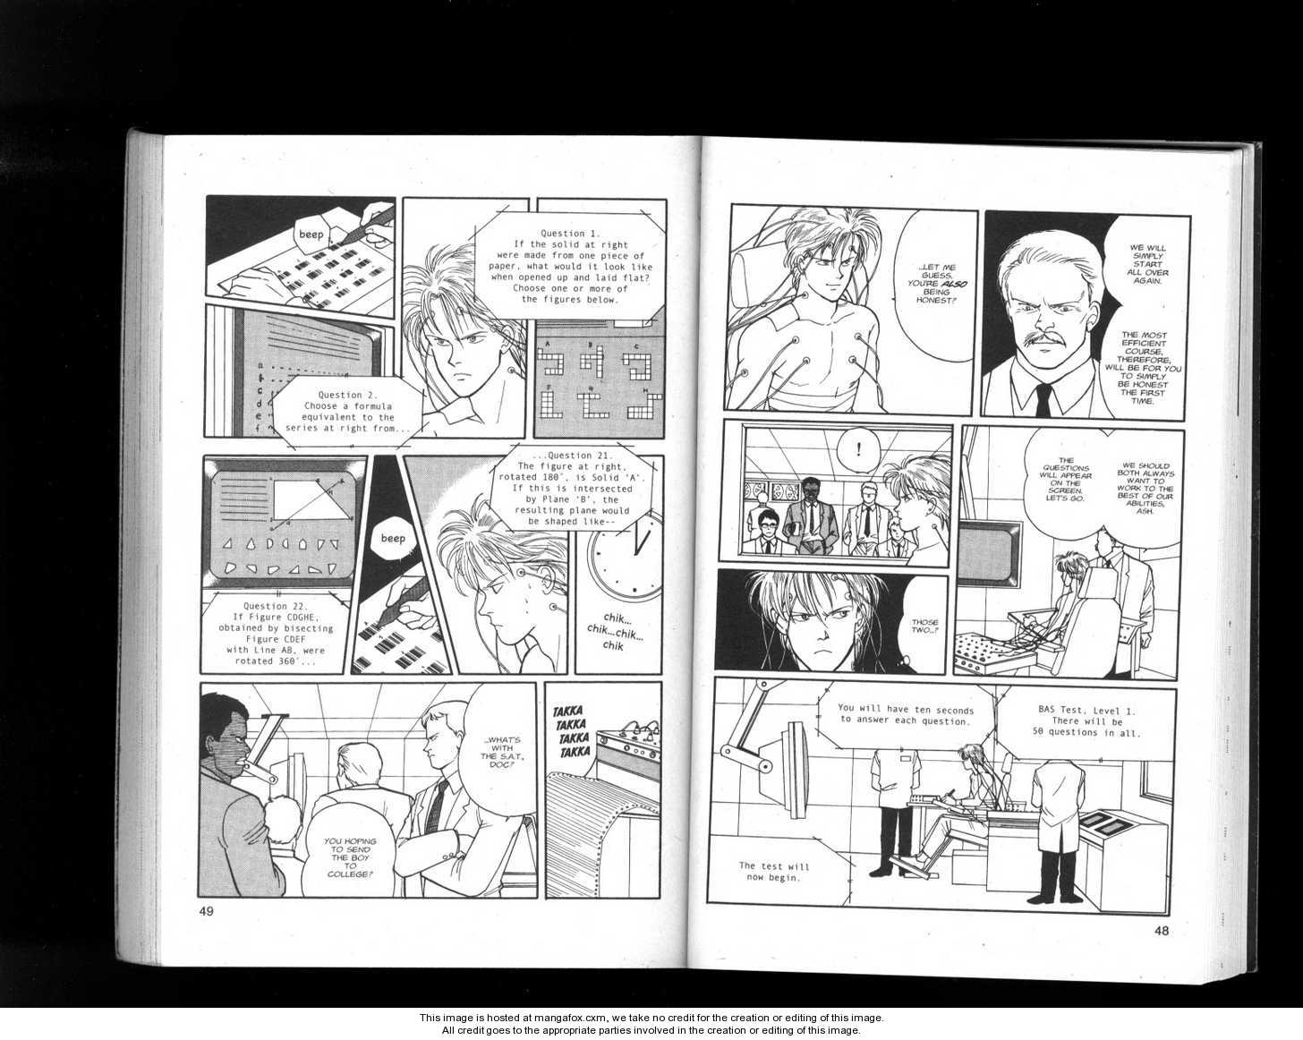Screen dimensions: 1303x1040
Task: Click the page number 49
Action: [207, 911]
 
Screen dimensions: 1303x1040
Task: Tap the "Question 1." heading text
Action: [563, 234]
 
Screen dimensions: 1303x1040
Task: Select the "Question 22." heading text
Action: [276, 606]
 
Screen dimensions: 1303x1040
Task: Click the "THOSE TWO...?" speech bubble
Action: [924, 626]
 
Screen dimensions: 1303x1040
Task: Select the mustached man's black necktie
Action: [1042, 400]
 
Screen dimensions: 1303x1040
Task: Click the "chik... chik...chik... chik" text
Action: [614, 632]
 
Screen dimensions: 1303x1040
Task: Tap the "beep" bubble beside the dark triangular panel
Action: [392, 538]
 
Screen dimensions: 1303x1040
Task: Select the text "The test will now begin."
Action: [773, 872]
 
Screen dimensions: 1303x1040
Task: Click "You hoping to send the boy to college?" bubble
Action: [350, 857]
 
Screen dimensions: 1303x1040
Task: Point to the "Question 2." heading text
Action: [347, 395]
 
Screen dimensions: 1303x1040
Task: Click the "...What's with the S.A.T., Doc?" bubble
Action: [502, 751]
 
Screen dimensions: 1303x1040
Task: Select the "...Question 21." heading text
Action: [573, 456]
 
